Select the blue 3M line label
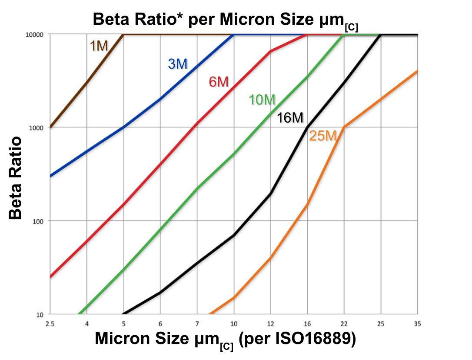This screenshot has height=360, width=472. click(177, 64)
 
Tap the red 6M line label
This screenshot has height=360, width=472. click(219, 82)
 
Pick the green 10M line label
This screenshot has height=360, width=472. click(262, 100)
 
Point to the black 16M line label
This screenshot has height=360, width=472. click(290, 117)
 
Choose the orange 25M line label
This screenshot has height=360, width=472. click(323, 136)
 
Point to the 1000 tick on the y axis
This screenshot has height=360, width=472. click(38, 127)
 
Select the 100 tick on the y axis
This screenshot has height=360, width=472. click(40, 221)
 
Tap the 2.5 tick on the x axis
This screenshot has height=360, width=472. click(50, 324)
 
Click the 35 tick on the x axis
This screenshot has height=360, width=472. click(417, 324)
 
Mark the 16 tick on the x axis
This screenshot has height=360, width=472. click(307, 324)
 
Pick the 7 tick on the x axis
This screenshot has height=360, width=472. click(197, 324)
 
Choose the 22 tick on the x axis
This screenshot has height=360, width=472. click(344, 324)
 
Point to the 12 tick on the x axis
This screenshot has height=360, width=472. click(270, 324)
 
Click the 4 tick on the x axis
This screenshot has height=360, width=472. click(87, 324)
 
